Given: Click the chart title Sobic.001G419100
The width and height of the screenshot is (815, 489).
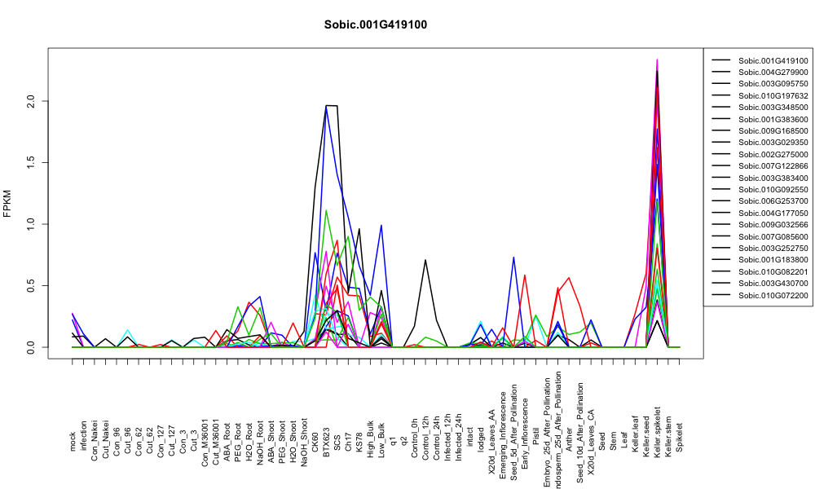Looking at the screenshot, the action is [x=375, y=25].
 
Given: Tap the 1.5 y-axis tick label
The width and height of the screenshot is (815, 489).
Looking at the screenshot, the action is [x=31, y=162].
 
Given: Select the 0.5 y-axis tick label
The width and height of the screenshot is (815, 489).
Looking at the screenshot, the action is [x=31, y=285].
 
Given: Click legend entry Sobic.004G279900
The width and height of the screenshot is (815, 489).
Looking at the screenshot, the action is [x=773, y=73].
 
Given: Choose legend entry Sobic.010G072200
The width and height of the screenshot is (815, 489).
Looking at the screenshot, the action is [x=773, y=295].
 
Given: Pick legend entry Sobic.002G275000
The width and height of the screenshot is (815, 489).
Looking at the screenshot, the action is [x=773, y=154].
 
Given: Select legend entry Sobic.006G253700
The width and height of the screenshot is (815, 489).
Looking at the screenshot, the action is [x=773, y=201].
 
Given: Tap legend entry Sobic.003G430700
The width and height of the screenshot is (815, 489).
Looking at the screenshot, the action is [x=773, y=284].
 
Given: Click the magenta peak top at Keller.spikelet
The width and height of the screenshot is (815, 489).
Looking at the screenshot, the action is [x=657, y=59].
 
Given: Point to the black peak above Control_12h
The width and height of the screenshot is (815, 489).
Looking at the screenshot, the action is [x=425, y=260].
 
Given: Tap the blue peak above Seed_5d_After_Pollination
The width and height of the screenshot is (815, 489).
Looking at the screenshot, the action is [x=513, y=258].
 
